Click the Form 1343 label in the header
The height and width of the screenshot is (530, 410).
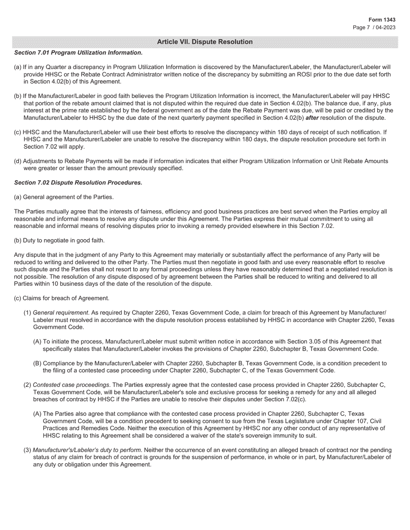point(382,20)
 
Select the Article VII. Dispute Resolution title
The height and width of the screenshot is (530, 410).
point(205,42)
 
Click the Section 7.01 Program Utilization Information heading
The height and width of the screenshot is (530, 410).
point(78,53)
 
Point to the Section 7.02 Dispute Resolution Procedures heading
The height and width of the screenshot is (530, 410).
point(78,183)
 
